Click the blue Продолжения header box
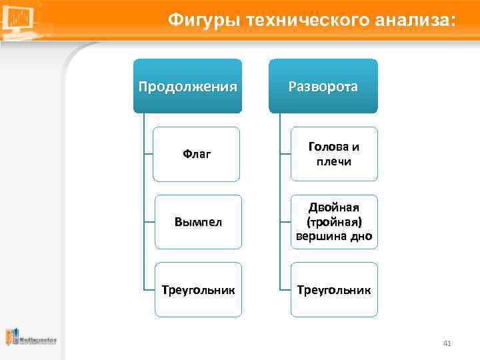(187, 86)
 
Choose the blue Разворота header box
(323, 86)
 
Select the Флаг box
(196, 154)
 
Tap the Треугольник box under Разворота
(333, 290)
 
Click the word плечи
(334, 161)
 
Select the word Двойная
(334, 208)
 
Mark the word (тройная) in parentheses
(334, 222)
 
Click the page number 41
(447, 343)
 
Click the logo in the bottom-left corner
(30, 337)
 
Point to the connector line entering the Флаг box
(148, 154)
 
